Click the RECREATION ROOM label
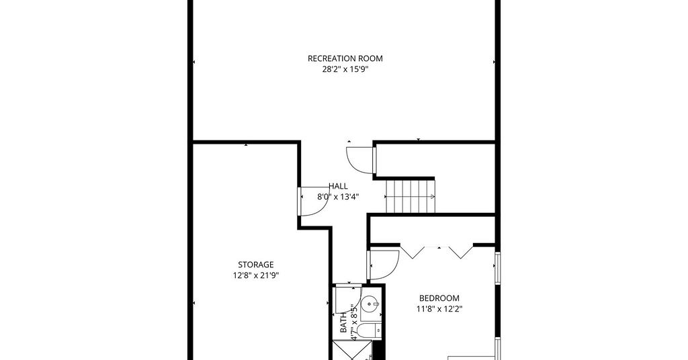345,58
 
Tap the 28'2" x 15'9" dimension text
345,69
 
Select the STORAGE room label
256,265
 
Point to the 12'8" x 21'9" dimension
256,275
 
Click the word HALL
338,186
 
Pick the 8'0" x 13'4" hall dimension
338,197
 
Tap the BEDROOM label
439,298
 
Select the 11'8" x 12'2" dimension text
439,309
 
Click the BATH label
343,322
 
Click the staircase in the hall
411,196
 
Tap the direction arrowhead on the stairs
433,196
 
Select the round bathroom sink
371,303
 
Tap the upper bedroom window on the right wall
498,267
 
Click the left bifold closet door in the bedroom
413,251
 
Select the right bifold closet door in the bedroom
462,251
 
